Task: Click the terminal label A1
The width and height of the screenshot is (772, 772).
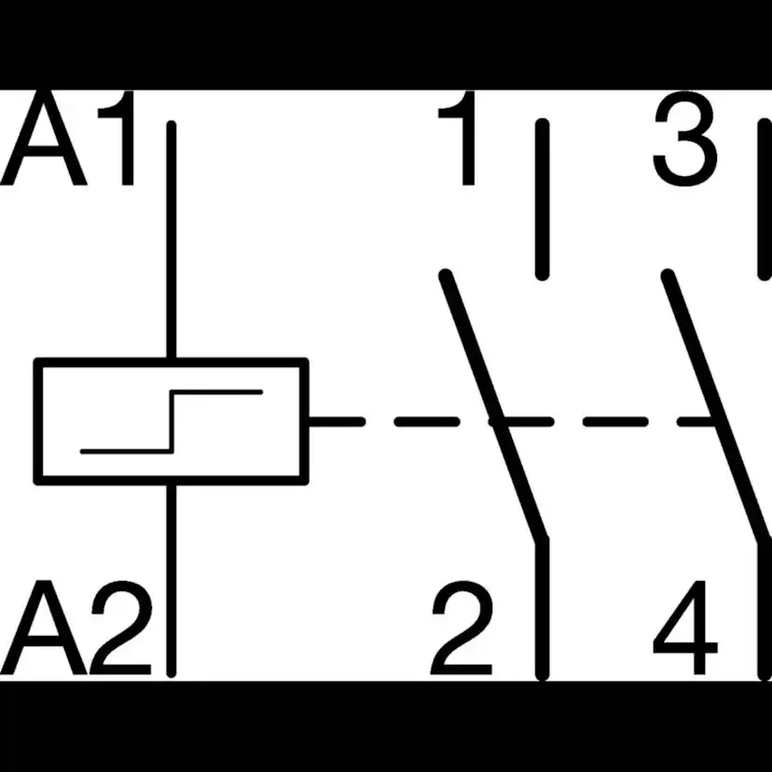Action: coord(67,138)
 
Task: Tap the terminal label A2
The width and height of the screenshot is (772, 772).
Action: coord(76,627)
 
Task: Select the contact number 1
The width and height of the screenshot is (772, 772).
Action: coord(457,138)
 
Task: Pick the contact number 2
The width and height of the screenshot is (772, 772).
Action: coord(462,627)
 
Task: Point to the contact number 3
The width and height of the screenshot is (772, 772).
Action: coord(685,139)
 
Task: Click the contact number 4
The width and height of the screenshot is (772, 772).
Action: coord(685,627)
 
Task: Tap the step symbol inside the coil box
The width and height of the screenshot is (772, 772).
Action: coord(172,421)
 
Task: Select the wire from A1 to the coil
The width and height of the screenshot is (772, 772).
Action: coord(172,240)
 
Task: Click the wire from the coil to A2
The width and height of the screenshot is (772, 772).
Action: coord(172,581)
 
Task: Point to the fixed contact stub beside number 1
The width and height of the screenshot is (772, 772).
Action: coord(542,200)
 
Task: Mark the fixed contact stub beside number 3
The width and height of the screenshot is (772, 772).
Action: coord(765,200)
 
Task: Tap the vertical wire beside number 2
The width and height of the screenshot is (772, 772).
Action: coord(542,610)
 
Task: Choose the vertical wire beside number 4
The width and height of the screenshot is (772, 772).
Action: coord(765,610)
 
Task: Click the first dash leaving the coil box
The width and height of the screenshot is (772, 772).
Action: coord(337,421)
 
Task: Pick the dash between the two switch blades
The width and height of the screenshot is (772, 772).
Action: coord(615,421)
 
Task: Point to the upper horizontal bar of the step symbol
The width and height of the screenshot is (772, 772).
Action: coord(216,392)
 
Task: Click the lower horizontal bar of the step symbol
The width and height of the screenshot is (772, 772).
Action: coord(127,451)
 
